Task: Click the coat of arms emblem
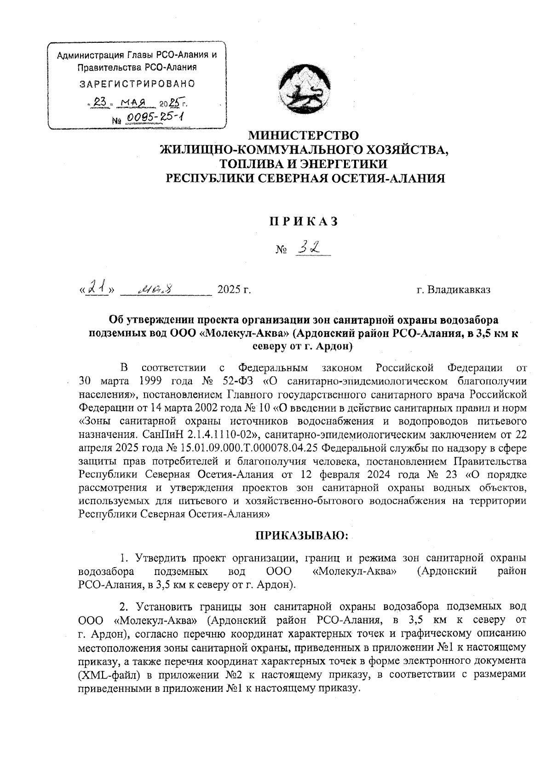tap(303, 89)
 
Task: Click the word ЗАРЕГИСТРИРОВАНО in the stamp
tap(137, 84)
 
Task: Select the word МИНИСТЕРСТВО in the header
tap(303, 135)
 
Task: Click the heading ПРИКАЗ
tap(303, 221)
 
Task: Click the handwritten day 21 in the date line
tap(98, 289)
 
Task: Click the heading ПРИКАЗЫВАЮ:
tap(303, 535)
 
